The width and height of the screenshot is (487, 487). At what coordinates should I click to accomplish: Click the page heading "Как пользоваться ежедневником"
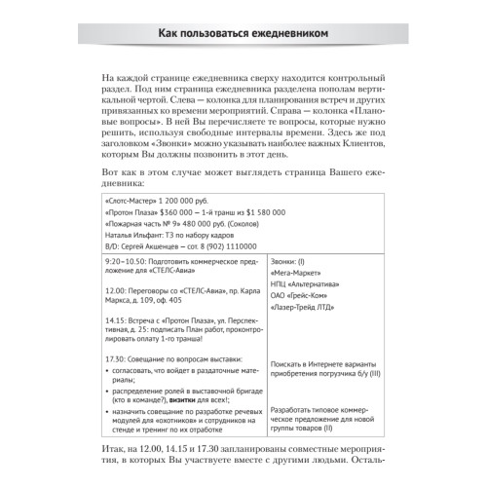tap(243, 34)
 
